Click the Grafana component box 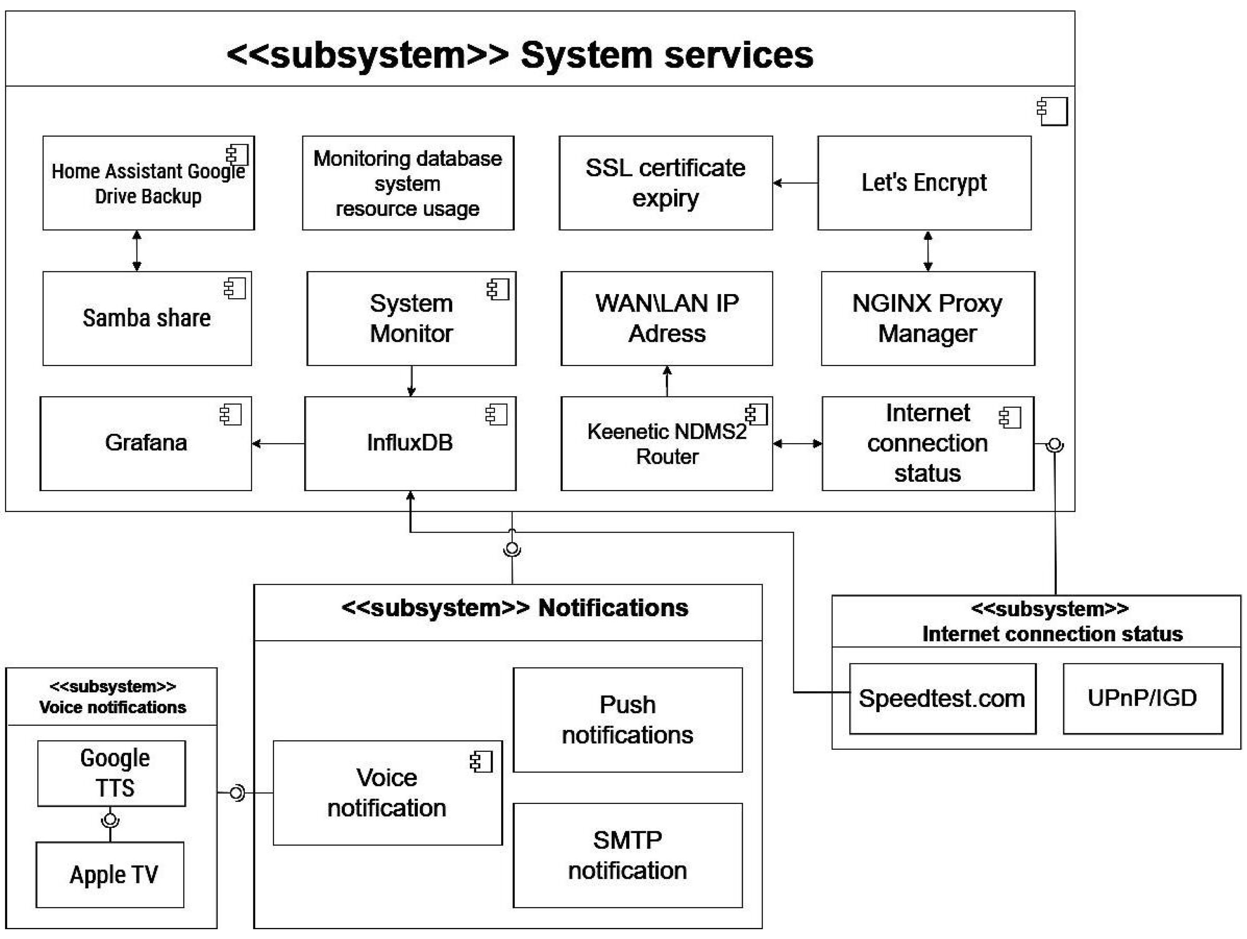point(145,443)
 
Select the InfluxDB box point(410,443)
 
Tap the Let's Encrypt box point(924,183)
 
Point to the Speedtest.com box point(942,698)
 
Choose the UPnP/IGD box point(1142,698)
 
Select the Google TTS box point(111,773)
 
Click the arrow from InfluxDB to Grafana point(278,444)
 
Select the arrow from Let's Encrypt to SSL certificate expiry point(795,183)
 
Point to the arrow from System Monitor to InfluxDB point(411,381)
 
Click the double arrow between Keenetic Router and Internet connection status point(797,444)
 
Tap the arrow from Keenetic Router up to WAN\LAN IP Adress point(667,381)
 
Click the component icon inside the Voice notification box point(481,762)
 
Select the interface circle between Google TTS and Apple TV point(111,819)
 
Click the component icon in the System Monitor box point(498,289)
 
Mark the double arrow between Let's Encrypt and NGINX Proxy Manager point(928,251)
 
